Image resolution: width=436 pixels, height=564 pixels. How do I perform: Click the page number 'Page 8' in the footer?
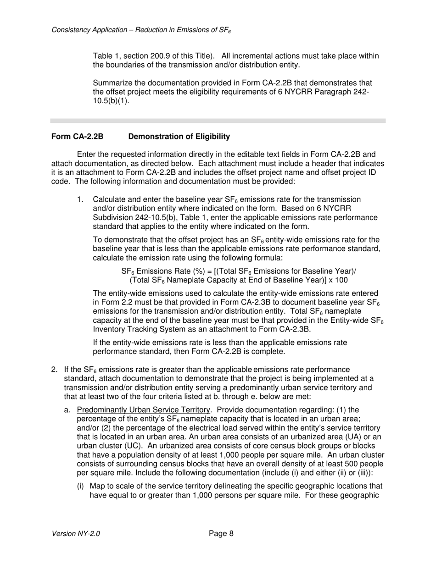click(221, 533)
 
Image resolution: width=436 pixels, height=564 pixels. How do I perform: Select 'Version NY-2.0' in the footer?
click(76, 534)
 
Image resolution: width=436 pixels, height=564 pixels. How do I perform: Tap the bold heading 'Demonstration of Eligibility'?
click(179, 137)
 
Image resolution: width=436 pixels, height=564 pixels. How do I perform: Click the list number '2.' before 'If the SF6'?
click(54, 370)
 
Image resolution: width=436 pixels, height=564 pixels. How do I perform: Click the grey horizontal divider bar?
click(218, 121)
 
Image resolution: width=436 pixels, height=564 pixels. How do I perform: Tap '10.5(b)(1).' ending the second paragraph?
click(111, 101)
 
